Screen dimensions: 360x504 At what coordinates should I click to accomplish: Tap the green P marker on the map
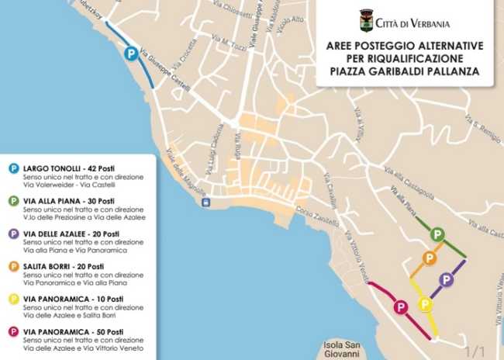coord(437,234)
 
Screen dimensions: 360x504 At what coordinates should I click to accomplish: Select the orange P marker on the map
coord(428,258)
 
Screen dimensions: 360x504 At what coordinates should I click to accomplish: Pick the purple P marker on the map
coord(446,279)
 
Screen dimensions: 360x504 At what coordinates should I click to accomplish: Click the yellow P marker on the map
coord(425,303)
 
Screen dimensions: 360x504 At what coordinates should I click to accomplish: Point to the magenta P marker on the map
coord(400,307)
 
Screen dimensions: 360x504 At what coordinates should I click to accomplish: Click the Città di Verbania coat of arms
coord(366,20)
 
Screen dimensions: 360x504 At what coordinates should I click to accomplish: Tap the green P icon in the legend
coord(13,201)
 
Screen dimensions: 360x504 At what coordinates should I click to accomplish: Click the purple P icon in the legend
coord(13,234)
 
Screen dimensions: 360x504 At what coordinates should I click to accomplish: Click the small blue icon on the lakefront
coord(205,203)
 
